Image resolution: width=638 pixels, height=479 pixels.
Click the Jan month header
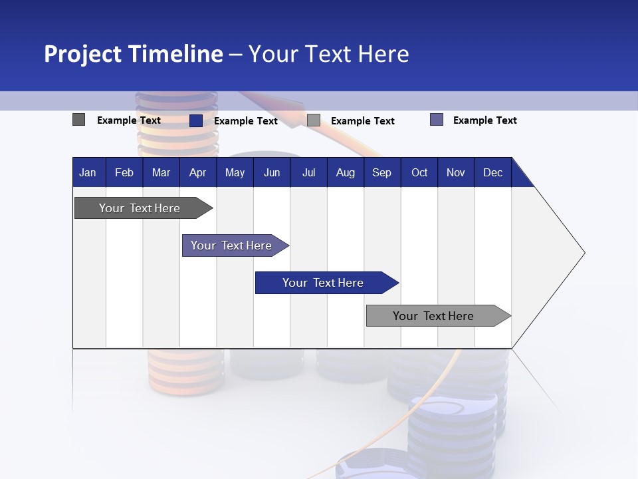click(x=88, y=173)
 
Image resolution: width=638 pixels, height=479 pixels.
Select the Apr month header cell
click(x=197, y=173)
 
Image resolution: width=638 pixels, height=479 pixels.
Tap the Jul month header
click(x=308, y=173)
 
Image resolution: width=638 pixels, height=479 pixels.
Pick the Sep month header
click(x=381, y=173)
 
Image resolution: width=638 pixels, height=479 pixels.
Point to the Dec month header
click(x=492, y=173)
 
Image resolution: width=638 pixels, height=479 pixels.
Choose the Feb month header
click(x=124, y=173)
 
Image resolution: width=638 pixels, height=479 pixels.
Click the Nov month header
click(x=455, y=173)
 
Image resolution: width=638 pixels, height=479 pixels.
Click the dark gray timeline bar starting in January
click(x=140, y=208)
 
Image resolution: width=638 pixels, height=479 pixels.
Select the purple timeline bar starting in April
click(x=231, y=245)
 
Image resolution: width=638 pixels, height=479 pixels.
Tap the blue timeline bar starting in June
click(x=323, y=283)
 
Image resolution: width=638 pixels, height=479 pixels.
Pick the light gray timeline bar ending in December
click(x=433, y=316)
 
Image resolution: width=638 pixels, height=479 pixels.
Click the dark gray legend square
click(x=79, y=120)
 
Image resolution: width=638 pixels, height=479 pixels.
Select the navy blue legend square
click(x=196, y=120)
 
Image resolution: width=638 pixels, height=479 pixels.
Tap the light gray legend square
click(x=314, y=120)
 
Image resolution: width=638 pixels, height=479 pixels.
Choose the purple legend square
click(x=437, y=120)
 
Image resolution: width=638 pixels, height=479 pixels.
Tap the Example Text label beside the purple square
click(x=484, y=120)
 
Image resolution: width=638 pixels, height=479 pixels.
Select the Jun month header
click(x=271, y=173)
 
